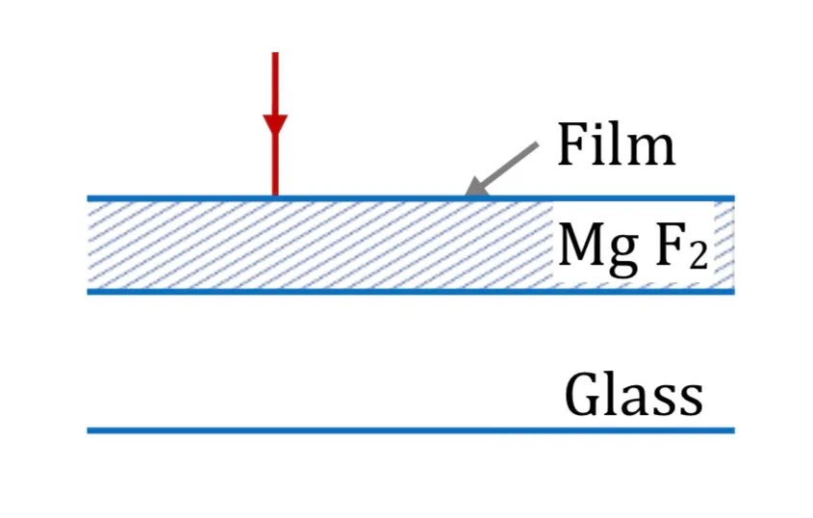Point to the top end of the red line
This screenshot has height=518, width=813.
pyautogui.click(x=275, y=53)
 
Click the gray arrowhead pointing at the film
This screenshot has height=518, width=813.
pyautogui.click(x=475, y=187)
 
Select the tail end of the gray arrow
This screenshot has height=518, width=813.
pyautogui.click(x=537, y=144)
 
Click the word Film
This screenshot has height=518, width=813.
pyautogui.click(x=617, y=143)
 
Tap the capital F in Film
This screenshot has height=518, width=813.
pyautogui.click(x=572, y=145)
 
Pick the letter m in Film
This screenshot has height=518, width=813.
pyautogui.click(x=652, y=150)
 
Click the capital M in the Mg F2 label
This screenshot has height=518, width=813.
pyautogui.click(x=579, y=245)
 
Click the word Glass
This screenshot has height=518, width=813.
pyautogui.click(x=634, y=394)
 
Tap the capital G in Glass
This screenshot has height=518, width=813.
pyautogui.click(x=584, y=395)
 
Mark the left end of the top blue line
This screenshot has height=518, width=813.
pyautogui.click(x=89, y=198)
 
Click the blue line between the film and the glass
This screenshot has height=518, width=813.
pyautogui.click(x=411, y=292)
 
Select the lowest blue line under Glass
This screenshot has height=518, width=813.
pyautogui.click(x=411, y=430)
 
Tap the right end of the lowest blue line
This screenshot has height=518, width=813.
pyautogui.click(x=734, y=430)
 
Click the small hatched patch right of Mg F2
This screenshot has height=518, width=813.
pyautogui.click(x=724, y=245)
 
